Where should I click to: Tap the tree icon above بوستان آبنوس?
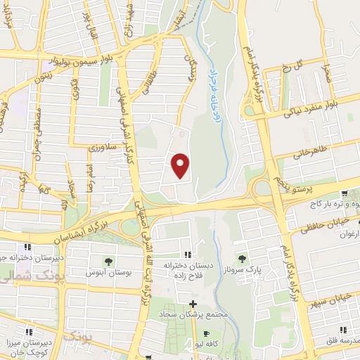107,261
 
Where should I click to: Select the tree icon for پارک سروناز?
243,259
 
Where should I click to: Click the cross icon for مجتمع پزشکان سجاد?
193,304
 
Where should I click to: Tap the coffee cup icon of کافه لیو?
205,333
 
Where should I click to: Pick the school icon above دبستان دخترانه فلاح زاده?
187,254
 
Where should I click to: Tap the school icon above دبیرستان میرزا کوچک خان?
29,331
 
